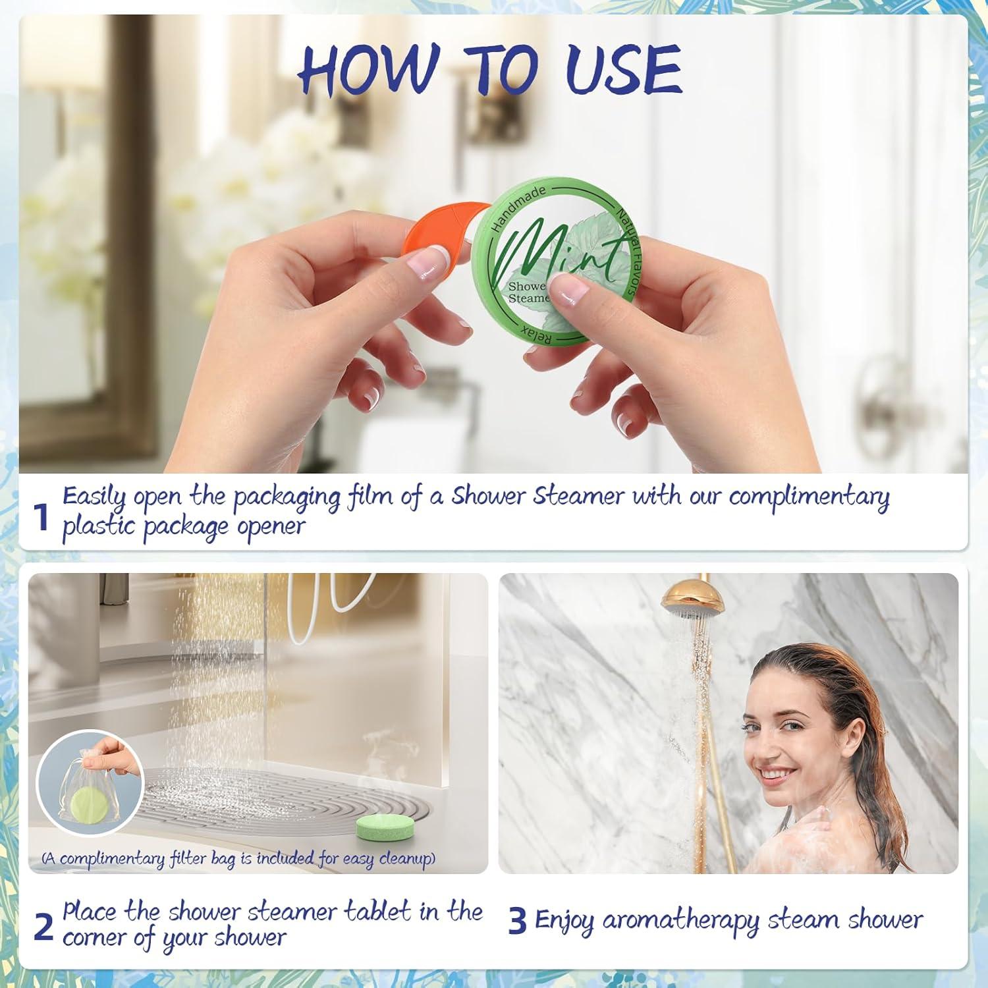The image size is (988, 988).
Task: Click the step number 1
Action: pyautogui.click(x=41, y=518)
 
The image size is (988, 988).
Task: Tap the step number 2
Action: pyautogui.click(x=43, y=927)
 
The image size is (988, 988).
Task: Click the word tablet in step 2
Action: pyautogui.click(x=378, y=912)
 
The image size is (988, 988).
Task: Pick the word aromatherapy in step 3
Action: pyautogui.click(x=681, y=921)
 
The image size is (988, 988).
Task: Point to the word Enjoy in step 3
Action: pyautogui.click(x=564, y=921)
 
